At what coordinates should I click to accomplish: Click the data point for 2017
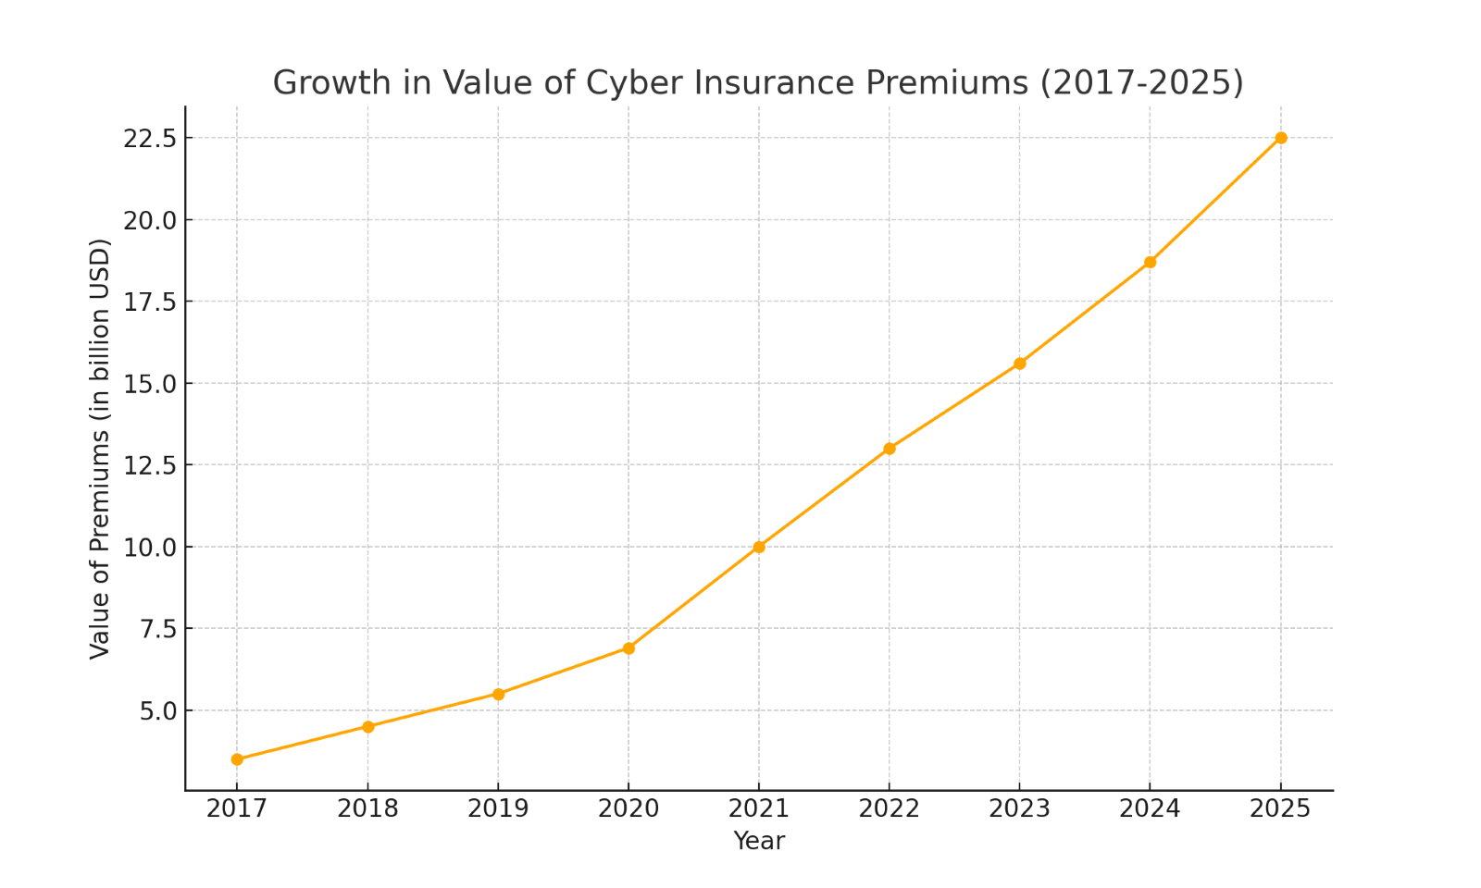(237, 759)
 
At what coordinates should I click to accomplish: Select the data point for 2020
(628, 648)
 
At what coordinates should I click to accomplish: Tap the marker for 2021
(759, 547)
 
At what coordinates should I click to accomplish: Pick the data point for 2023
(1019, 364)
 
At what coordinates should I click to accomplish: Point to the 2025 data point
(1281, 138)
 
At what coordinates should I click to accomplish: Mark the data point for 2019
(498, 694)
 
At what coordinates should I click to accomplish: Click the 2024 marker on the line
(1150, 262)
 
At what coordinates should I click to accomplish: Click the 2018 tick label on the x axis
(367, 809)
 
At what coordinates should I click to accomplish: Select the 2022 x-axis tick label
(889, 809)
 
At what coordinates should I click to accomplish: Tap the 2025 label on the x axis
(1280, 809)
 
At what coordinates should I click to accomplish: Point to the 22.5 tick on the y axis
(150, 139)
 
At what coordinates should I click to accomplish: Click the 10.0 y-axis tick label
(150, 548)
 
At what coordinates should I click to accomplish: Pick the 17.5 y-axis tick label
(150, 302)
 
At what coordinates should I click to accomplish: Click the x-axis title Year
(759, 841)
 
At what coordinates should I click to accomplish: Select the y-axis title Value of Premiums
(100, 449)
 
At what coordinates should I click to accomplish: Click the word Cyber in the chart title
(628, 83)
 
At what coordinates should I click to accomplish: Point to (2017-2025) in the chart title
(1141, 83)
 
